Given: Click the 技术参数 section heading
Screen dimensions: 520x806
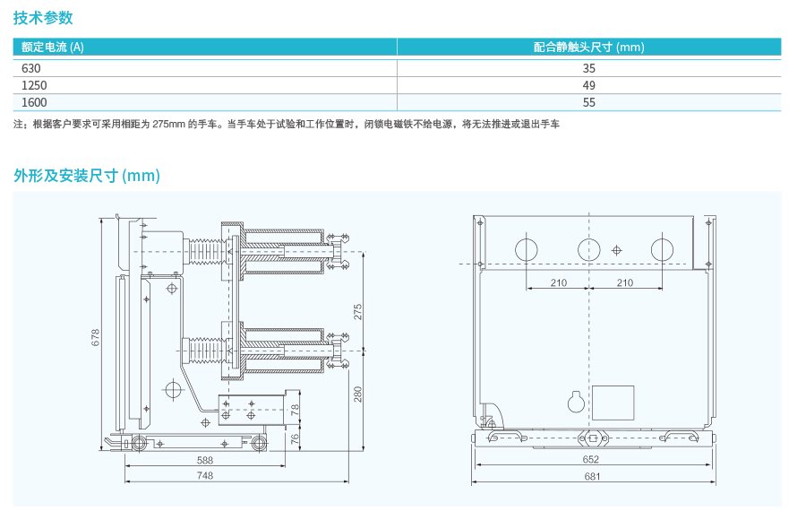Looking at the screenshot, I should [43, 18].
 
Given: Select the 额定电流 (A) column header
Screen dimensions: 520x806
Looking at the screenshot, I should [53, 48].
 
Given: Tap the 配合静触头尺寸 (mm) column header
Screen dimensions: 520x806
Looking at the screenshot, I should [588, 48].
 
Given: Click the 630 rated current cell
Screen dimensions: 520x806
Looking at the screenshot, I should [31, 68].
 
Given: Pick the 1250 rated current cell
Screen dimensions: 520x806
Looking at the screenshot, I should [34, 85].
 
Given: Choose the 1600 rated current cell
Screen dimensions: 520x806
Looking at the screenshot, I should [34, 102].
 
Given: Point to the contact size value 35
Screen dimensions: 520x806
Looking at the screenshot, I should [588, 68].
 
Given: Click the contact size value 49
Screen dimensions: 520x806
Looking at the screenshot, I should [588, 85].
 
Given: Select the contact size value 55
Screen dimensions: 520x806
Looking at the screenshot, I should [588, 102].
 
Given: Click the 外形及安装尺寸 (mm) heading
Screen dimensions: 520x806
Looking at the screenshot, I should [86, 176].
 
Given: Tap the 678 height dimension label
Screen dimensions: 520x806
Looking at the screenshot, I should [96, 337].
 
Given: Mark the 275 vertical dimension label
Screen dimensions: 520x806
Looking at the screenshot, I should [357, 312].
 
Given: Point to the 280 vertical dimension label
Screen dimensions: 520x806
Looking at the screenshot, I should [357, 394].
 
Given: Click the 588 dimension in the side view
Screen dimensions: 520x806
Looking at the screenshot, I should [205, 460].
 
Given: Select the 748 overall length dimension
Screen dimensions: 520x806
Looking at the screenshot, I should [205, 476].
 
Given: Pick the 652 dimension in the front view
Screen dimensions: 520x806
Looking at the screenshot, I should [591, 460].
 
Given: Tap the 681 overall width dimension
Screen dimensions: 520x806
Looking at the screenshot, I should [591, 476].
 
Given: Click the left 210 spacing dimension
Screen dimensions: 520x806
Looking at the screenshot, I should [558, 283].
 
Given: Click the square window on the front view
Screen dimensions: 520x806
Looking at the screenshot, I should [613, 400].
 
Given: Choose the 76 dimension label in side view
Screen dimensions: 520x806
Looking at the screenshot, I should [296, 438].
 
